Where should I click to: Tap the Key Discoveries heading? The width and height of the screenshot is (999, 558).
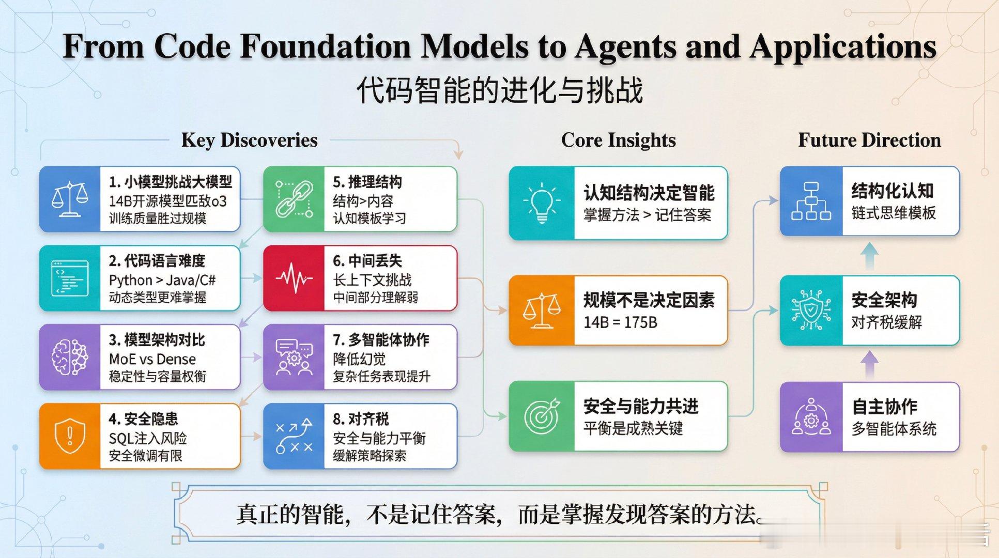tap(249, 140)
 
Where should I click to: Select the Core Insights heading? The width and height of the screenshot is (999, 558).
tap(618, 140)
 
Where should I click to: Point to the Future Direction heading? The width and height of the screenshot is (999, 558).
tap(869, 140)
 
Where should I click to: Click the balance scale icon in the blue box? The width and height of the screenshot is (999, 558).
tap(70, 199)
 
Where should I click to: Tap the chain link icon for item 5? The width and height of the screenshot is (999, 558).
tap(294, 199)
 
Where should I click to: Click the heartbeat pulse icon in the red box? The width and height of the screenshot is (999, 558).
tap(294, 278)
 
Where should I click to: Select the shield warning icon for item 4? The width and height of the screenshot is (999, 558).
tap(70, 436)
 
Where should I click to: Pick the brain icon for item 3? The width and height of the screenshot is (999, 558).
tap(70, 357)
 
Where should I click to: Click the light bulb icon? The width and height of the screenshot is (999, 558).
tap(541, 203)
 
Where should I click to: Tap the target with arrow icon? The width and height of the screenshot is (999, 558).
tap(541, 416)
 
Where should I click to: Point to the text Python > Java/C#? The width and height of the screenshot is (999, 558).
tap(162, 280)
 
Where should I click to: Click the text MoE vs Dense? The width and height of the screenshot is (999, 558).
tap(152, 359)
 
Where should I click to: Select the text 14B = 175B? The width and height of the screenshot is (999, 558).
tap(620, 322)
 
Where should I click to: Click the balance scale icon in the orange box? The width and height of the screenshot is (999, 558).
tap(541, 310)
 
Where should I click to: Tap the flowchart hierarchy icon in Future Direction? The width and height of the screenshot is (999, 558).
tap(811, 201)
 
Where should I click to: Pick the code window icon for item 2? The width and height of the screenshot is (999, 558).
tap(70, 278)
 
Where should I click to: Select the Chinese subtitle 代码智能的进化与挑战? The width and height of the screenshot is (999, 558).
tap(499, 90)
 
